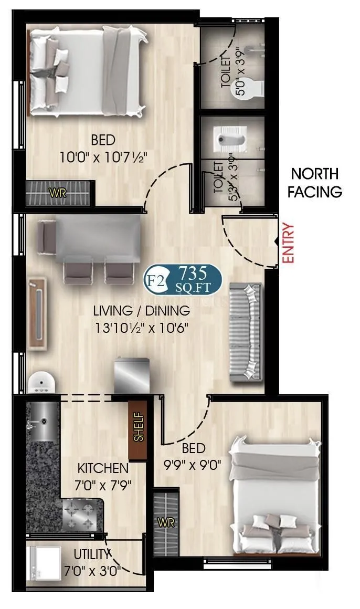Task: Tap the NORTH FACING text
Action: [x=315, y=182]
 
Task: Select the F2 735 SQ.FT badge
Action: [x=183, y=278]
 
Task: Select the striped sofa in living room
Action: [x=245, y=332]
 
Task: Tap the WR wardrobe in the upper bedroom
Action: [x=59, y=193]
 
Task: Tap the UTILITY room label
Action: [x=92, y=554]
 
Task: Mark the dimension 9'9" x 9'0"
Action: [x=194, y=464]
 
